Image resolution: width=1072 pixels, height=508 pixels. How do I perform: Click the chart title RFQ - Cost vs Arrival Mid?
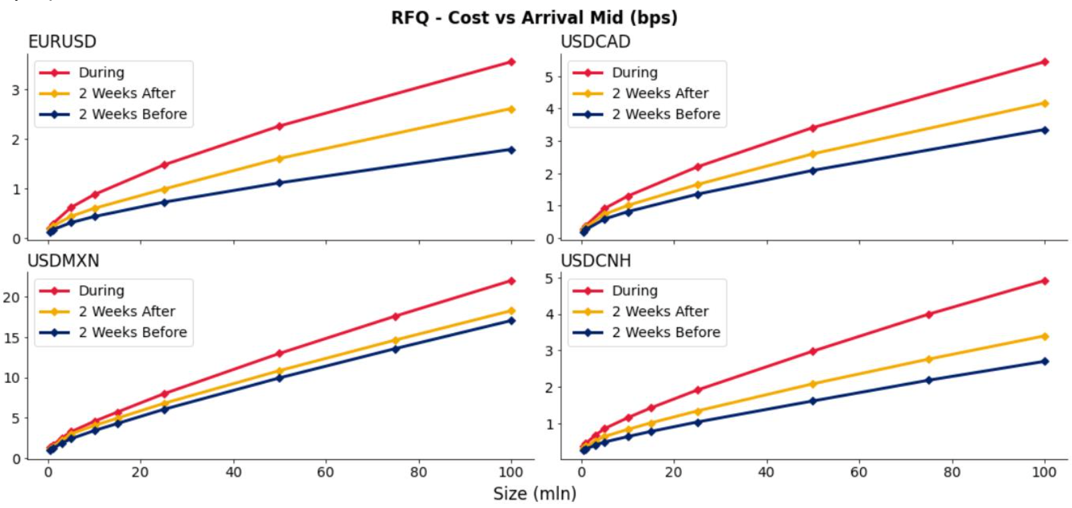pyautogui.click(x=534, y=17)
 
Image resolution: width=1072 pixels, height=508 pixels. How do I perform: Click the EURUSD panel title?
pyautogui.click(x=61, y=41)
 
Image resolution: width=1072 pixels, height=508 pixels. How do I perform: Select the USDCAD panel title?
pyautogui.click(x=595, y=41)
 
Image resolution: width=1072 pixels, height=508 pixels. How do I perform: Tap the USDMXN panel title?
pyautogui.click(x=63, y=261)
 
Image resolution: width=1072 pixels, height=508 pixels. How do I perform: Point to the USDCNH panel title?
pyautogui.click(x=595, y=261)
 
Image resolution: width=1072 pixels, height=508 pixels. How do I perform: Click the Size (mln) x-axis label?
pyautogui.click(x=534, y=493)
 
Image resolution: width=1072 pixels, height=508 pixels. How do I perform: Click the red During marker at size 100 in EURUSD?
pyautogui.click(x=511, y=62)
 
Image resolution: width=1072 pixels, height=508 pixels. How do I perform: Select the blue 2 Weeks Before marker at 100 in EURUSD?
pyautogui.click(x=511, y=150)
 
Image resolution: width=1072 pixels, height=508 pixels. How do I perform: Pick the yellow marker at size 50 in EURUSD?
pyautogui.click(x=279, y=158)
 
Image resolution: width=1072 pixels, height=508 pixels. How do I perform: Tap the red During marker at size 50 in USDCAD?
pyautogui.click(x=813, y=128)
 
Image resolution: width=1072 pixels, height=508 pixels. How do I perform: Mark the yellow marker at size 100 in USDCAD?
pyautogui.click(x=1045, y=104)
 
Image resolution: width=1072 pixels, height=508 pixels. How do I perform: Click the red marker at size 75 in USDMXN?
pyautogui.click(x=396, y=316)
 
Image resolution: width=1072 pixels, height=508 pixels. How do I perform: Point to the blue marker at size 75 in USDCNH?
pyautogui.click(x=929, y=380)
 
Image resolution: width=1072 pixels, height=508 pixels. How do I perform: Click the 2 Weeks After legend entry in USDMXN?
pyautogui.click(x=126, y=311)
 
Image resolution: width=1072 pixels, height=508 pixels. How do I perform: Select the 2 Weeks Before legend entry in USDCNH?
pyautogui.click(x=666, y=332)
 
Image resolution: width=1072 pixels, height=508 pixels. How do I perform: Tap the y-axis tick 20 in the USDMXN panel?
pyautogui.click(x=11, y=297)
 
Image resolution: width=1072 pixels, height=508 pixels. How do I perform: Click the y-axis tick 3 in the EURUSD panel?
pyautogui.click(x=15, y=90)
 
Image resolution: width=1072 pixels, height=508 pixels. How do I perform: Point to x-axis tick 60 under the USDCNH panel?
pyautogui.click(x=859, y=473)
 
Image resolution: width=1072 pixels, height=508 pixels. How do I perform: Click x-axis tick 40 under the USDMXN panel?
pyautogui.click(x=233, y=473)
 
